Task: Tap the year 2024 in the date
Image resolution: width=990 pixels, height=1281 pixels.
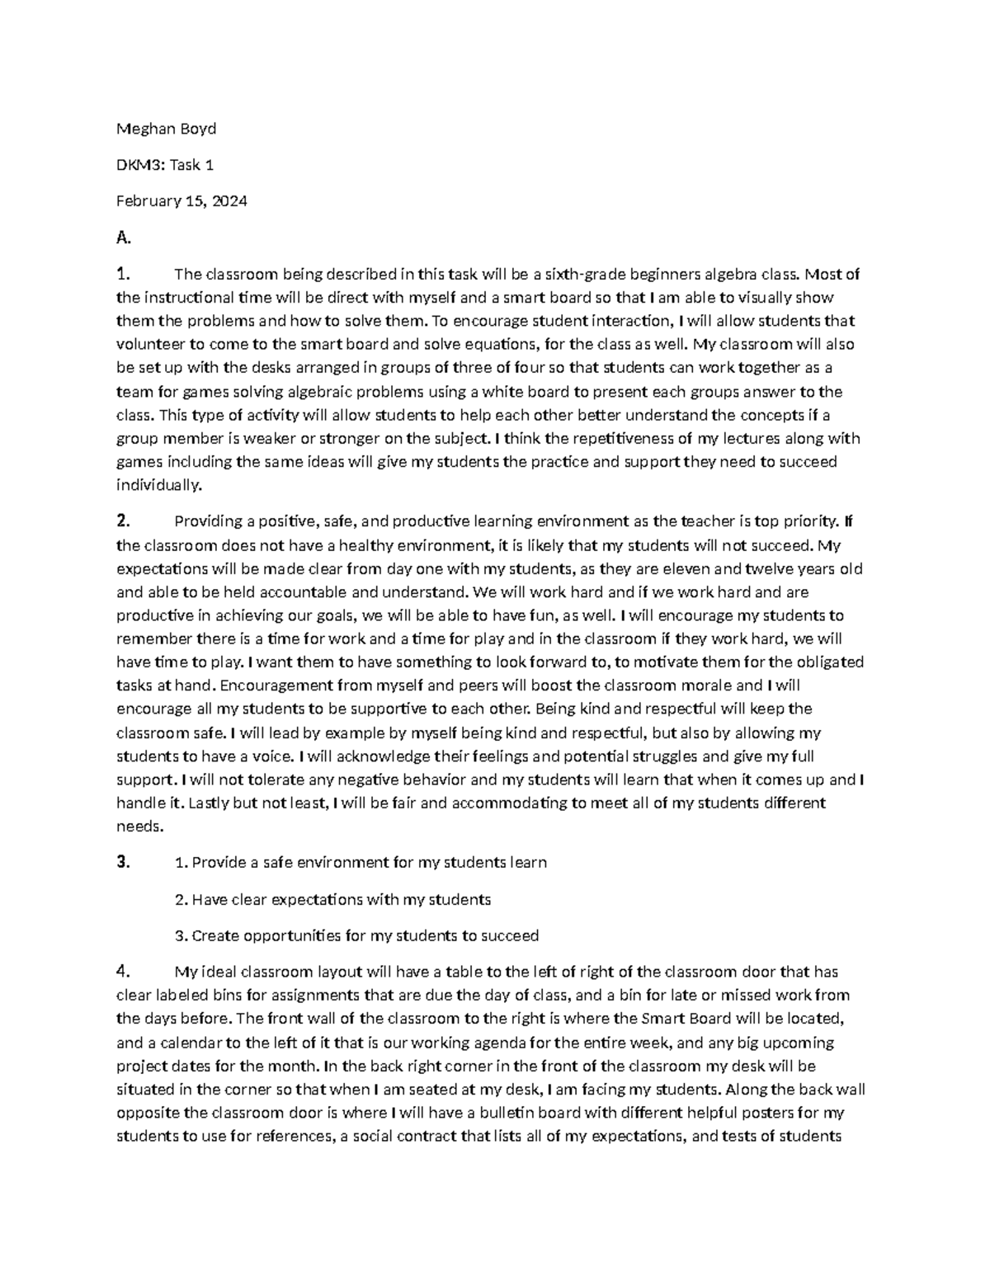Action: [229, 201]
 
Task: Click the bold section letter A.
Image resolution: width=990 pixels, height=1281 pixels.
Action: [123, 238]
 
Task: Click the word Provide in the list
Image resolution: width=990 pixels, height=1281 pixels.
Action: [218, 863]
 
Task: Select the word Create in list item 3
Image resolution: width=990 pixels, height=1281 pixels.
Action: [215, 936]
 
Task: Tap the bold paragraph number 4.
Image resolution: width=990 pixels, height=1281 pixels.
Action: [122, 972]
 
